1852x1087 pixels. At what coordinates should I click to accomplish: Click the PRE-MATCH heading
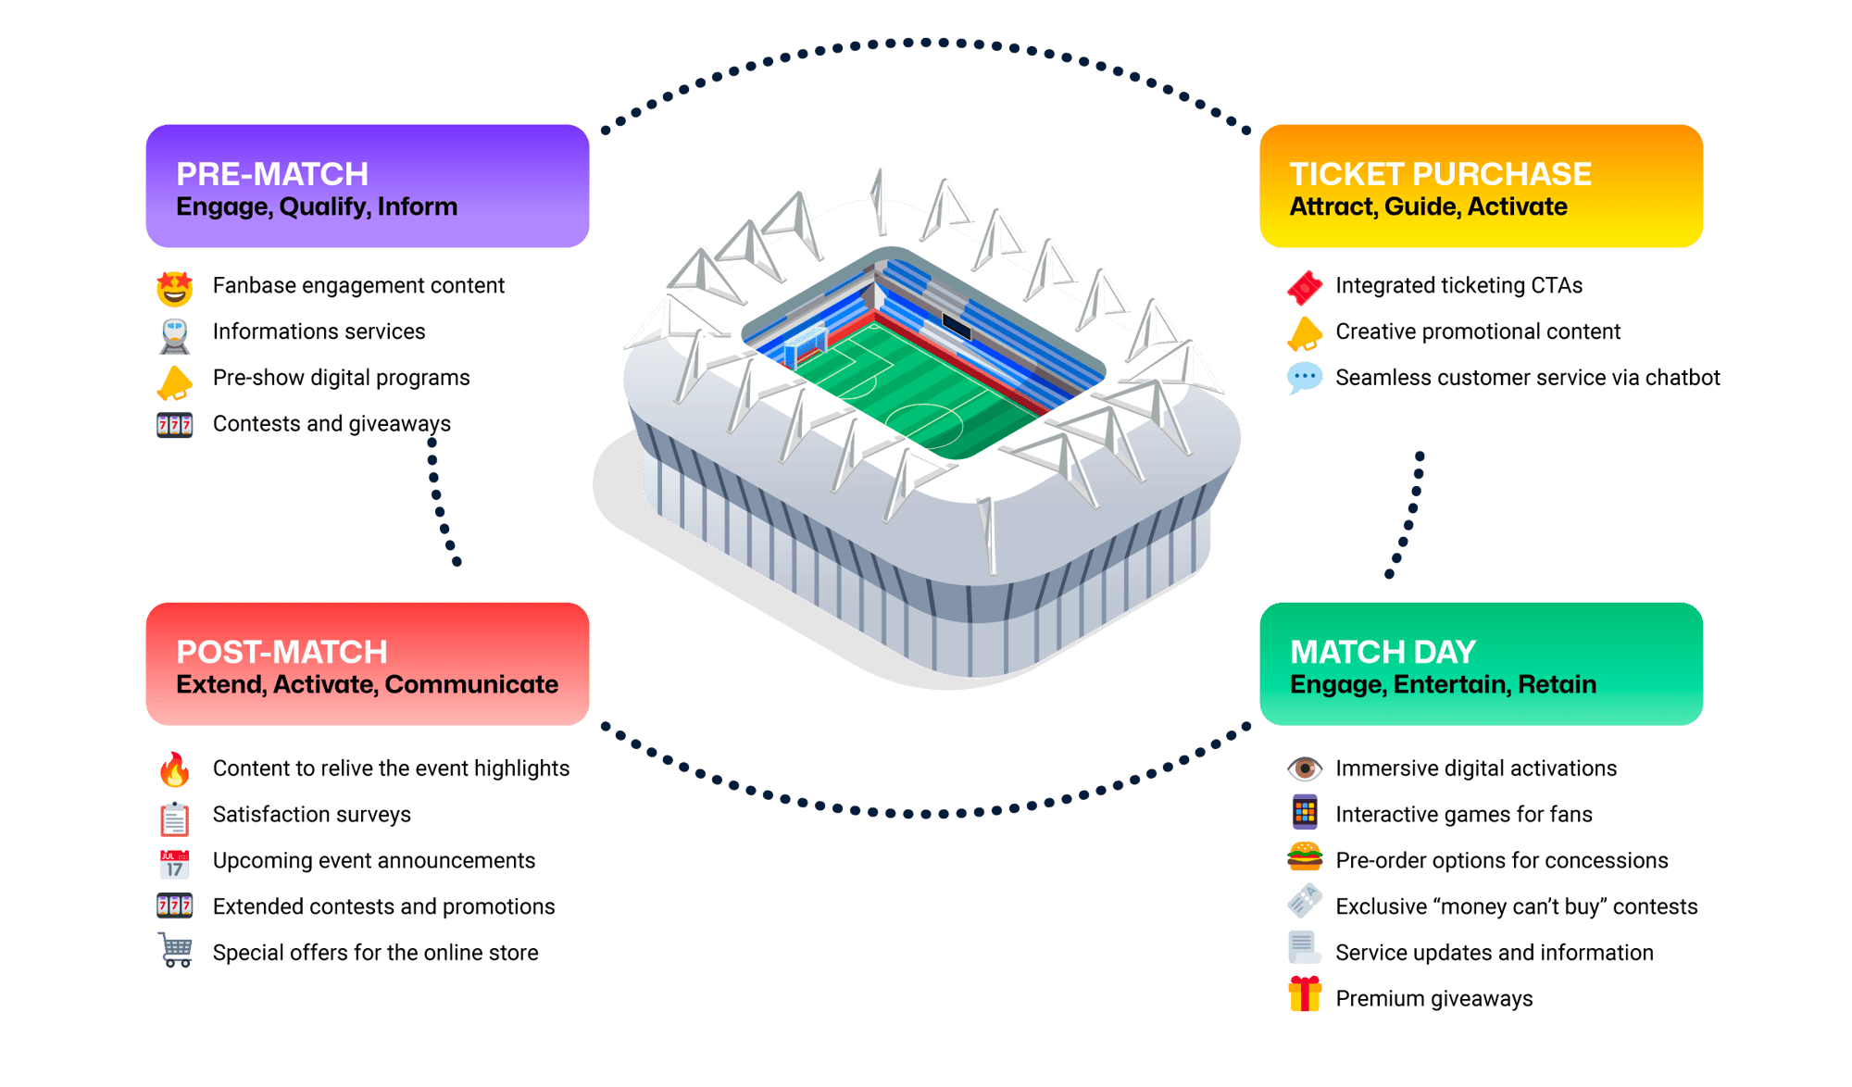click(x=272, y=174)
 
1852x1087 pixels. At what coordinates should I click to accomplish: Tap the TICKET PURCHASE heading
click(x=1440, y=174)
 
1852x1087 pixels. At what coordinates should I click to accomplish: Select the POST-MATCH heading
click(x=282, y=652)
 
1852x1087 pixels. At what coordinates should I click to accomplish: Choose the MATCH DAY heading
click(x=1383, y=652)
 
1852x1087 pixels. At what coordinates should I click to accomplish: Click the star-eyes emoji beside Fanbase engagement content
click(x=175, y=288)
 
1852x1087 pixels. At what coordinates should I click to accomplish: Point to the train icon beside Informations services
click(x=175, y=335)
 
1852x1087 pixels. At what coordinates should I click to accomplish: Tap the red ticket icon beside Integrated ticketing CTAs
click(x=1305, y=287)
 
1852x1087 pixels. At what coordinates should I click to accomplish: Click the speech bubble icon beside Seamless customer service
click(x=1305, y=378)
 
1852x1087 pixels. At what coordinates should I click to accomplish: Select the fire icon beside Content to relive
click(x=174, y=769)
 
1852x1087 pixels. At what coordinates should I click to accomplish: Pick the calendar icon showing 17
click(x=175, y=864)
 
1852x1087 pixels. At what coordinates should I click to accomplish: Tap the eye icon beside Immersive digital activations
click(x=1305, y=768)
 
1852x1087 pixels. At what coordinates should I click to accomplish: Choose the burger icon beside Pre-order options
click(x=1305, y=857)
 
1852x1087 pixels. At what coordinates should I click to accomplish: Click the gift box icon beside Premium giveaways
click(x=1305, y=995)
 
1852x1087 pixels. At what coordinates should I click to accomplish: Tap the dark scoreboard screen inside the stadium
click(x=956, y=326)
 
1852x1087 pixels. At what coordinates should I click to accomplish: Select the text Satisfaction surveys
click(x=311, y=815)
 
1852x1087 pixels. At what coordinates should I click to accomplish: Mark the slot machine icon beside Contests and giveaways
click(x=175, y=425)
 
